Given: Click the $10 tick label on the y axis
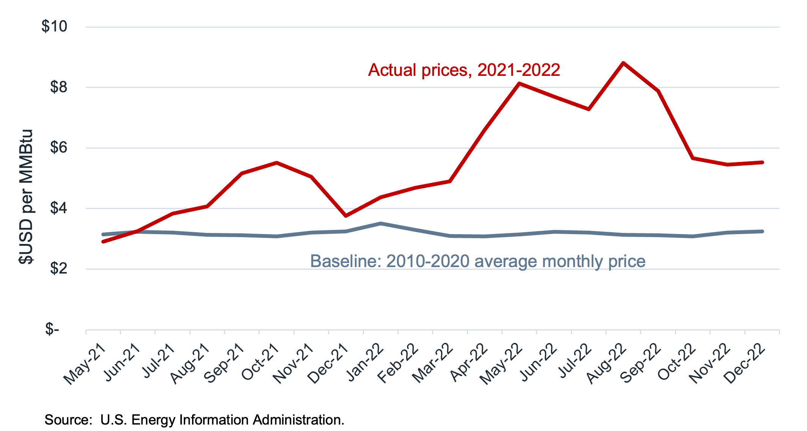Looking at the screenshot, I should click(54, 27).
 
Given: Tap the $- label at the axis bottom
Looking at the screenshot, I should click(52, 329).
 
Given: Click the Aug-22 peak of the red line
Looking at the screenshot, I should click(623, 63).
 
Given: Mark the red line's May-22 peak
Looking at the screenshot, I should click(519, 83).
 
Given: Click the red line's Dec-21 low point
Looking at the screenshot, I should click(346, 215).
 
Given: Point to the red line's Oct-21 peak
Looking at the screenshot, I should click(277, 163).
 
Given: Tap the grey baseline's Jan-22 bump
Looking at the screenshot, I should click(380, 223).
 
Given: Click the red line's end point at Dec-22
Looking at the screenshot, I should click(762, 162).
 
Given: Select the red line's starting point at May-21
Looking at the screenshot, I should click(103, 241).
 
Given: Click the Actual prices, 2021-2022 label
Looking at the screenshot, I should click(464, 70).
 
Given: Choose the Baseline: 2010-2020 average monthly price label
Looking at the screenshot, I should click(478, 261).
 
